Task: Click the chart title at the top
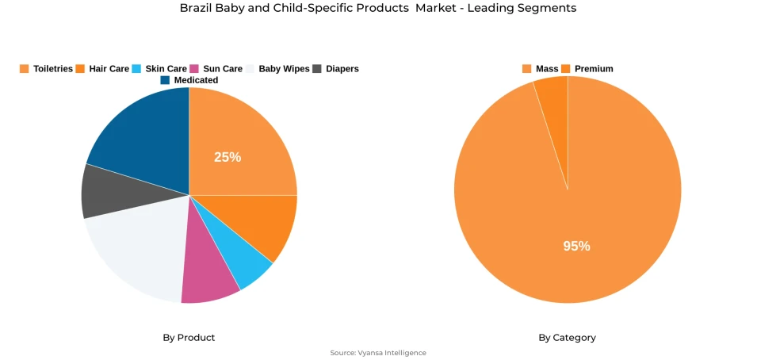point(378,8)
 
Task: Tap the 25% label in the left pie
point(227,157)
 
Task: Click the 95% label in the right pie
point(576,246)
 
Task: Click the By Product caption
point(189,338)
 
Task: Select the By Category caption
point(567,338)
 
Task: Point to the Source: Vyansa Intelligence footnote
point(378,353)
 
